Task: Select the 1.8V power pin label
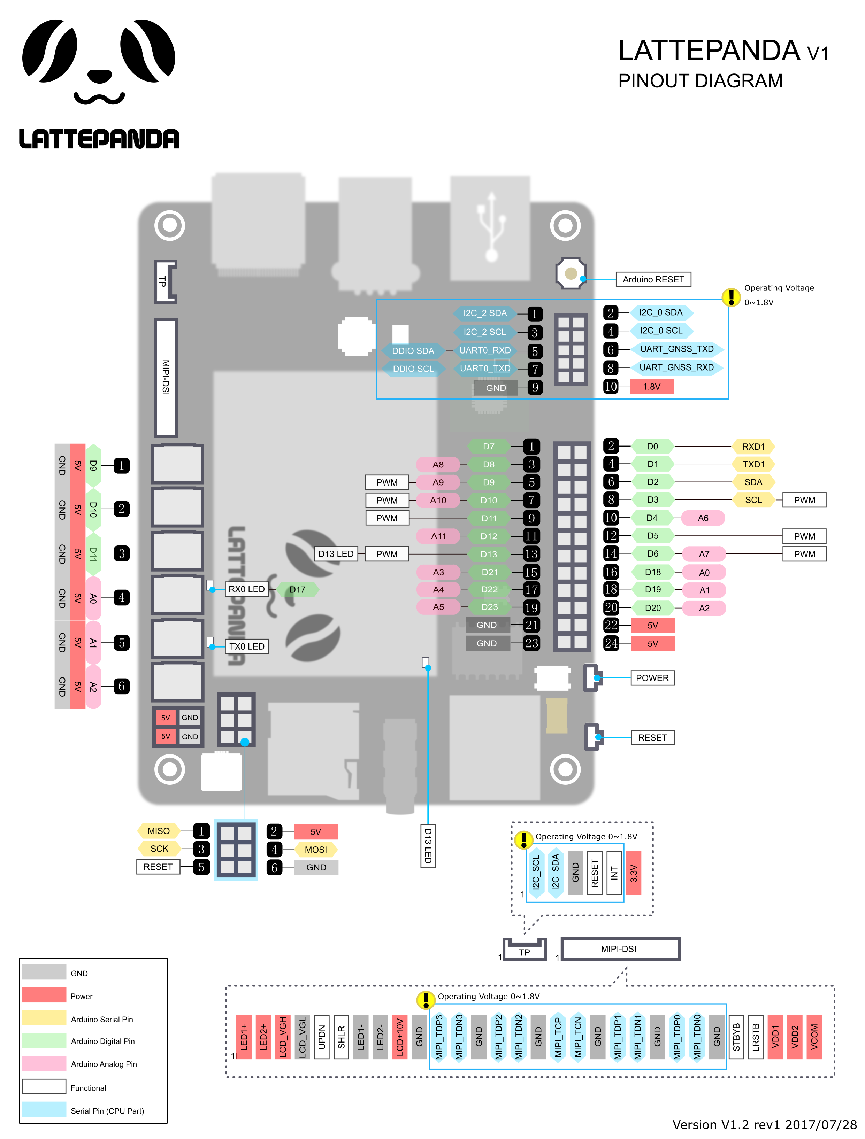[651, 387]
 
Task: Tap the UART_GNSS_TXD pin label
[676, 349]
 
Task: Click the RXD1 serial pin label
[753, 447]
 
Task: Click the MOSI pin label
[315, 850]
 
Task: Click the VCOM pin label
[814, 1037]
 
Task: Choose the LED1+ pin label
[244, 1037]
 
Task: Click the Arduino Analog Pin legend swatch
[44, 1064]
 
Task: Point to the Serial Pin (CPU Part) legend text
[107, 1111]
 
